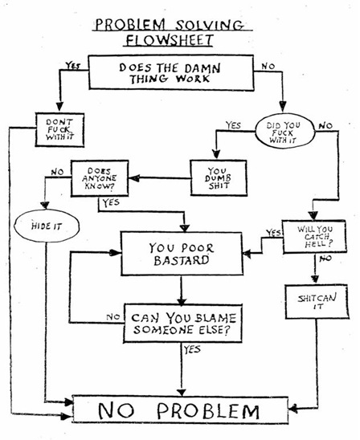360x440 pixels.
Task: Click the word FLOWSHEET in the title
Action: [170, 40]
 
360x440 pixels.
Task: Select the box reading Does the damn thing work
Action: [171, 72]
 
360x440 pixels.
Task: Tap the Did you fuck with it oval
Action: [284, 131]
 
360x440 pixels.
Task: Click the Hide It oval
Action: [47, 226]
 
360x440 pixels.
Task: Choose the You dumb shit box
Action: [219, 178]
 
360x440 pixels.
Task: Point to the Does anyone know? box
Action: [100, 178]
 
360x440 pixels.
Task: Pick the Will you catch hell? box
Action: [314, 237]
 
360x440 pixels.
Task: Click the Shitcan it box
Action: [317, 302]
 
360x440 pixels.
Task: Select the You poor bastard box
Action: [182, 254]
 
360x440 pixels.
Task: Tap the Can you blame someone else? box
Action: [182, 324]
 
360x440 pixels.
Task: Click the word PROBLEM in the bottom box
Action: [208, 411]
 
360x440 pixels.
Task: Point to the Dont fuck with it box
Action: [59, 129]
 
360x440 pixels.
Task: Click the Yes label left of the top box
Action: [73, 66]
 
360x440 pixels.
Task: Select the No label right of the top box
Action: [268, 66]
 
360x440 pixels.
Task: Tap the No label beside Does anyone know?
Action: [57, 172]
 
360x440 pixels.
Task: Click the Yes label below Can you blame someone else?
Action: [192, 349]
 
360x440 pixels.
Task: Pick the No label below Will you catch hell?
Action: [325, 259]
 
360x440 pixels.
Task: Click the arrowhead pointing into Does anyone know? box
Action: [134, 178]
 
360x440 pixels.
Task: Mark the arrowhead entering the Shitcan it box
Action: [315, 279]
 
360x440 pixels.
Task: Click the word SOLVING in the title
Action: [210, 25]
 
